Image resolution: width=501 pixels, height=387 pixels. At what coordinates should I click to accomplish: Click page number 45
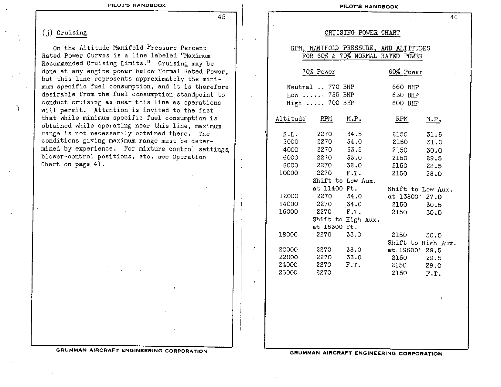222,17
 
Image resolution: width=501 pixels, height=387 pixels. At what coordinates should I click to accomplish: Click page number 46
454,17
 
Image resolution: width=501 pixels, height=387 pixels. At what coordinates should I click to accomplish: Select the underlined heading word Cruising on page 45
72,33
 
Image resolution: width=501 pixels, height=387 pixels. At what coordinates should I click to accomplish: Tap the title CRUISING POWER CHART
362,33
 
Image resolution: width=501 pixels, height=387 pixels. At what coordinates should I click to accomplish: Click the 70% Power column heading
319,72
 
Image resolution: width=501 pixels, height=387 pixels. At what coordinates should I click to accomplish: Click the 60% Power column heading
405,72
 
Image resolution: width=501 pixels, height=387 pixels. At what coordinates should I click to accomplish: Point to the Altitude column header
290,119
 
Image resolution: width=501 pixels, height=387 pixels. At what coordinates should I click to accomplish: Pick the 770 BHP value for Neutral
341,87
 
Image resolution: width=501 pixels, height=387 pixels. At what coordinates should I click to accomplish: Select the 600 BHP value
405,103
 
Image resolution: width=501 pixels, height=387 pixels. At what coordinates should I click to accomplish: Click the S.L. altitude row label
290,134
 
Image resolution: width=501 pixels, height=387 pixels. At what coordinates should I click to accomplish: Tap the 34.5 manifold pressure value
354,134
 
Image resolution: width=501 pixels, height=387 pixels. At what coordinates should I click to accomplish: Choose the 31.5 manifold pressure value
434,135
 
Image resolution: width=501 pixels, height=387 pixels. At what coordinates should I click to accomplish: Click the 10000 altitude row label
288,173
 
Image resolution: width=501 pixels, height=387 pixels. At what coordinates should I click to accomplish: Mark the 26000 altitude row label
288,273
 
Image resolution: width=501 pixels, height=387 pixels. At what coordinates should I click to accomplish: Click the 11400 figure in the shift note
333,188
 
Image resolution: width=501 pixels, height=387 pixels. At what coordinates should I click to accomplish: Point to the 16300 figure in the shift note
333,227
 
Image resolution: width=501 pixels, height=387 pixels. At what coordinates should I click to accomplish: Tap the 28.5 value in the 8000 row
434,166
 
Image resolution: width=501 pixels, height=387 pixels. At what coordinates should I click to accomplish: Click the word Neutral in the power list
299,87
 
